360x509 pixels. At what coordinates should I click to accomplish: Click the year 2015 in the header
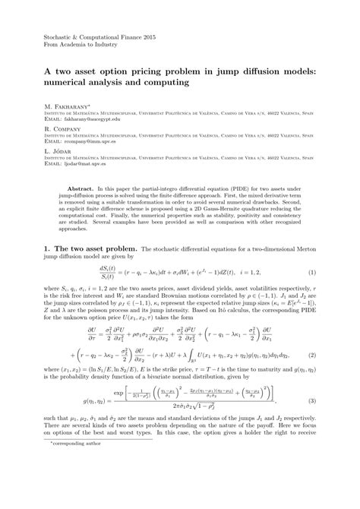click(x=145, y=35)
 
